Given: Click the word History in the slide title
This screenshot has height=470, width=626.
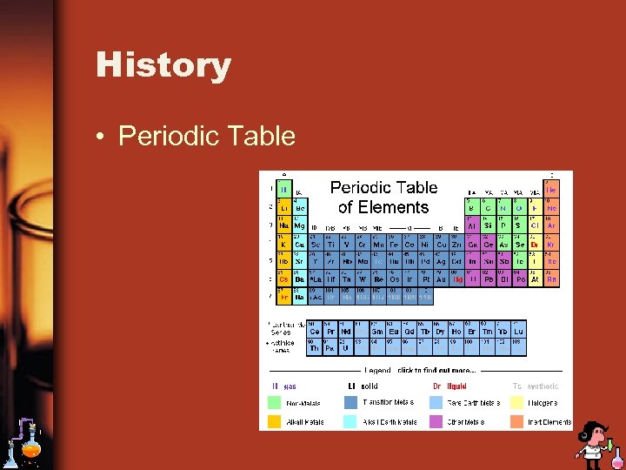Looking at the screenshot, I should [163, 65].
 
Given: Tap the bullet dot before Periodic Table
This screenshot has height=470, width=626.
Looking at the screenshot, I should [103, 138].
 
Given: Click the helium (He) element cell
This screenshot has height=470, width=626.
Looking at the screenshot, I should [552, 188].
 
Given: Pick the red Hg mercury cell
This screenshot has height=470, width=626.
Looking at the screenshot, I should [458, 279].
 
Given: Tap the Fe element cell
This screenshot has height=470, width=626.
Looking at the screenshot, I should [394, 245].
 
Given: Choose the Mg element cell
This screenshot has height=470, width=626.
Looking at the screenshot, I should [300, 225].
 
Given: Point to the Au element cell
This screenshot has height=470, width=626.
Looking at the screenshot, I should [442, 279].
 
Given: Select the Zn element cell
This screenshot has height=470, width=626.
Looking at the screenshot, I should [457, 245].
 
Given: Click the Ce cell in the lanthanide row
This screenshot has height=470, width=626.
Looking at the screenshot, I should [315, 332].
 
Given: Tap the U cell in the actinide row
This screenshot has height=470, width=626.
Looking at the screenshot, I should [346, 348].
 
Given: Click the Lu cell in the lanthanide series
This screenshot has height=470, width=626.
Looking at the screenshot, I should [519, 332].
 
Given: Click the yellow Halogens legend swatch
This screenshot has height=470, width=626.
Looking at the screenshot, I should [516, 403].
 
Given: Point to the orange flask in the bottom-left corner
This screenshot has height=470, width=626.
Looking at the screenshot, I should [30, 449].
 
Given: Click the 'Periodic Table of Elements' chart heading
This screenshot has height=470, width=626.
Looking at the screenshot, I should [383, 198].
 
